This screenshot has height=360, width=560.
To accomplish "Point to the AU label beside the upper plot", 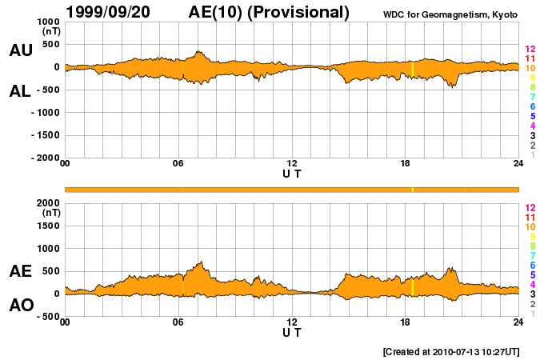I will (x=20, y=50).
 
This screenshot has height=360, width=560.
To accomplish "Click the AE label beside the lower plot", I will (x=20, y=271).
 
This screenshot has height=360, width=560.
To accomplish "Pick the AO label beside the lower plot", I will (x=20, y=306).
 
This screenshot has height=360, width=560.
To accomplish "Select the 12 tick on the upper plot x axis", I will (x=292, y=164).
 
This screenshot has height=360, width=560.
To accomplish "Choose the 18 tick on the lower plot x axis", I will (x=406, y=323).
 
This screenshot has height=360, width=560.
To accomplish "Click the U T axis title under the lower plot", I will (x=292, y=332).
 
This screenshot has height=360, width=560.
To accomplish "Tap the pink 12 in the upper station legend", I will (x=530, y=50).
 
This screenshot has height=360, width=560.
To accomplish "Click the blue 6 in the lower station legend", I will (x=532, y=265).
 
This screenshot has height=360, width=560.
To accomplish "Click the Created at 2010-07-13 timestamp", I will (x=450, y=350).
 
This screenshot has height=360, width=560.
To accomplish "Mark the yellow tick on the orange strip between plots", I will (x=413, y=190).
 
